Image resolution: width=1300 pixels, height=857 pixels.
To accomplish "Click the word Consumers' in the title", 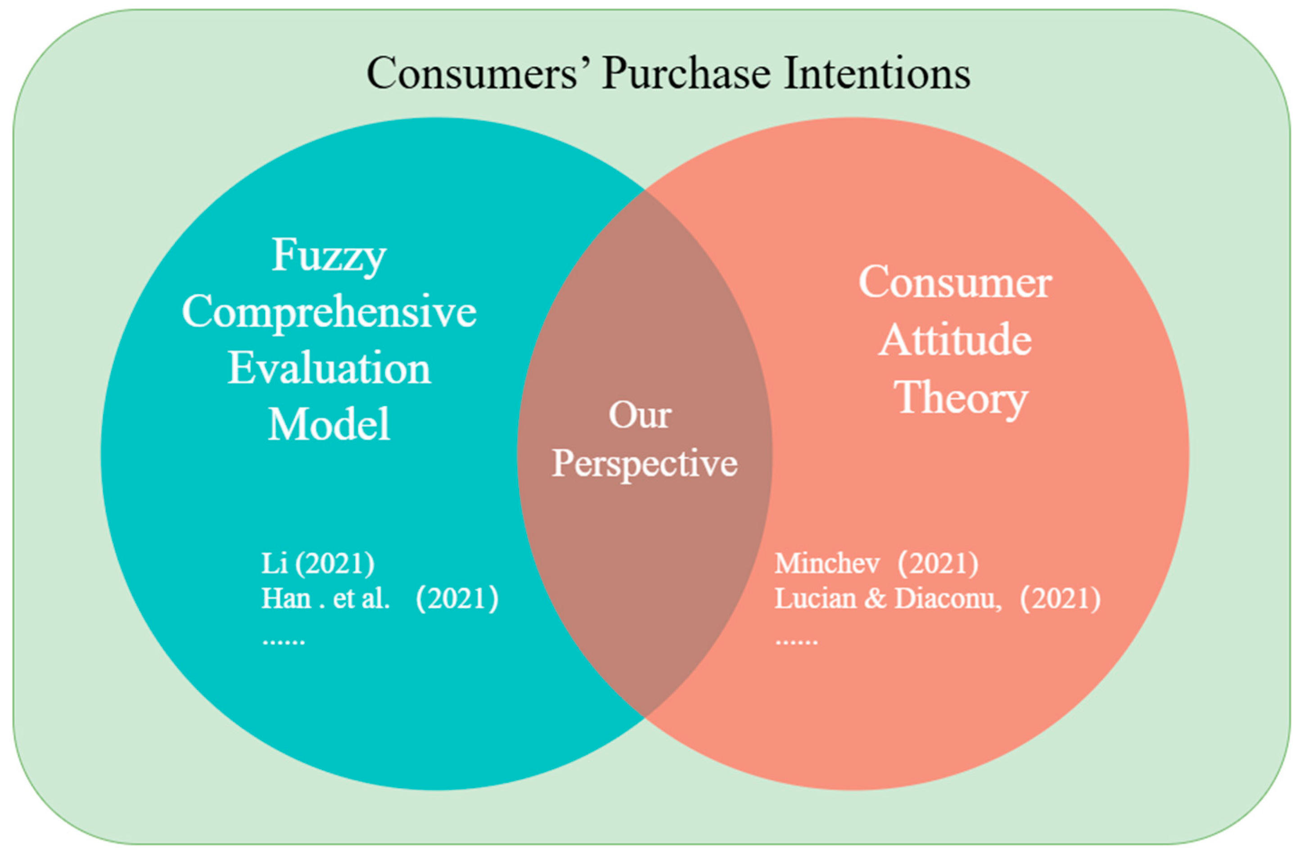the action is (x=472, y=73).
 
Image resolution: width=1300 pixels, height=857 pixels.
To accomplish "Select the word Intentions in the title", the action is (x=877, y=73).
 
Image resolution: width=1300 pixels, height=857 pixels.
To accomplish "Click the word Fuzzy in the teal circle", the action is (x=329, y=257).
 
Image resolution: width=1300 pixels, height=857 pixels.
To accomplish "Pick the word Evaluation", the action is (x=329, y=368).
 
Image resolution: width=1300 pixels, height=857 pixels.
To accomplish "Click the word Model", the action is (x=329, y=424).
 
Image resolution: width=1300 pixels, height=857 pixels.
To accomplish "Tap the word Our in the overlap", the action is (x=640, y=415).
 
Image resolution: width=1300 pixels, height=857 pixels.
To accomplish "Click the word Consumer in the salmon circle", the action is (x=955, y=283).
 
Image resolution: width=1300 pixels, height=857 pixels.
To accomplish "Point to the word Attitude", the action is (x=955, y=340).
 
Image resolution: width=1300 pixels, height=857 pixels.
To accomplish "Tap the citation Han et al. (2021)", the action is (x=380, y=599).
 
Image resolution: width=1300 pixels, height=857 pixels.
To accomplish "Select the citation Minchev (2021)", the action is (x=876, y=564).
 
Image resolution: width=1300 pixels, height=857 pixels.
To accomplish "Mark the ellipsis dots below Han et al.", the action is (x=284, y=642).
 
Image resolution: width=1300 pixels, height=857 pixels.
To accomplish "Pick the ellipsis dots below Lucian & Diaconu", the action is (x=796, y=642).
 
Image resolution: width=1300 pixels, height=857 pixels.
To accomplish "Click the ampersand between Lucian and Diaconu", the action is (x=876, y=599).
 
